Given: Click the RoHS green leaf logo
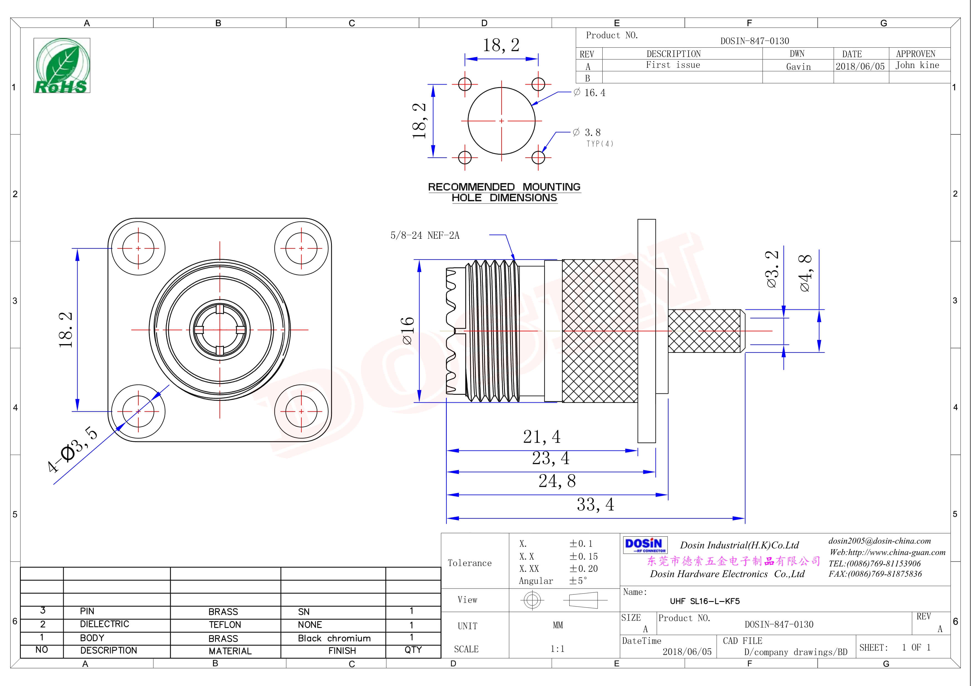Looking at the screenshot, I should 62,66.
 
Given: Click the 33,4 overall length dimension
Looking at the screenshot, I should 595,505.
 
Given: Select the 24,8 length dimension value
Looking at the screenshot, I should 557,481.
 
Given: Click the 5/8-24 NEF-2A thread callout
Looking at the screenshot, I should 425,235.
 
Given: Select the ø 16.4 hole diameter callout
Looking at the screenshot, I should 590,93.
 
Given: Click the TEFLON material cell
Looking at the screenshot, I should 224,625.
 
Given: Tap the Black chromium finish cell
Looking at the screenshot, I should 334,638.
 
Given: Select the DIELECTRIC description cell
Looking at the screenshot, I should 104,624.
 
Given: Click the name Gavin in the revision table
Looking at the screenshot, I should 798,67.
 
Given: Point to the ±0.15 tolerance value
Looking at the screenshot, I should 583,557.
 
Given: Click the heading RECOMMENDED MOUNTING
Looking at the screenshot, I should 504,187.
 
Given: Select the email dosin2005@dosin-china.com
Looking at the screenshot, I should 879,541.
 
